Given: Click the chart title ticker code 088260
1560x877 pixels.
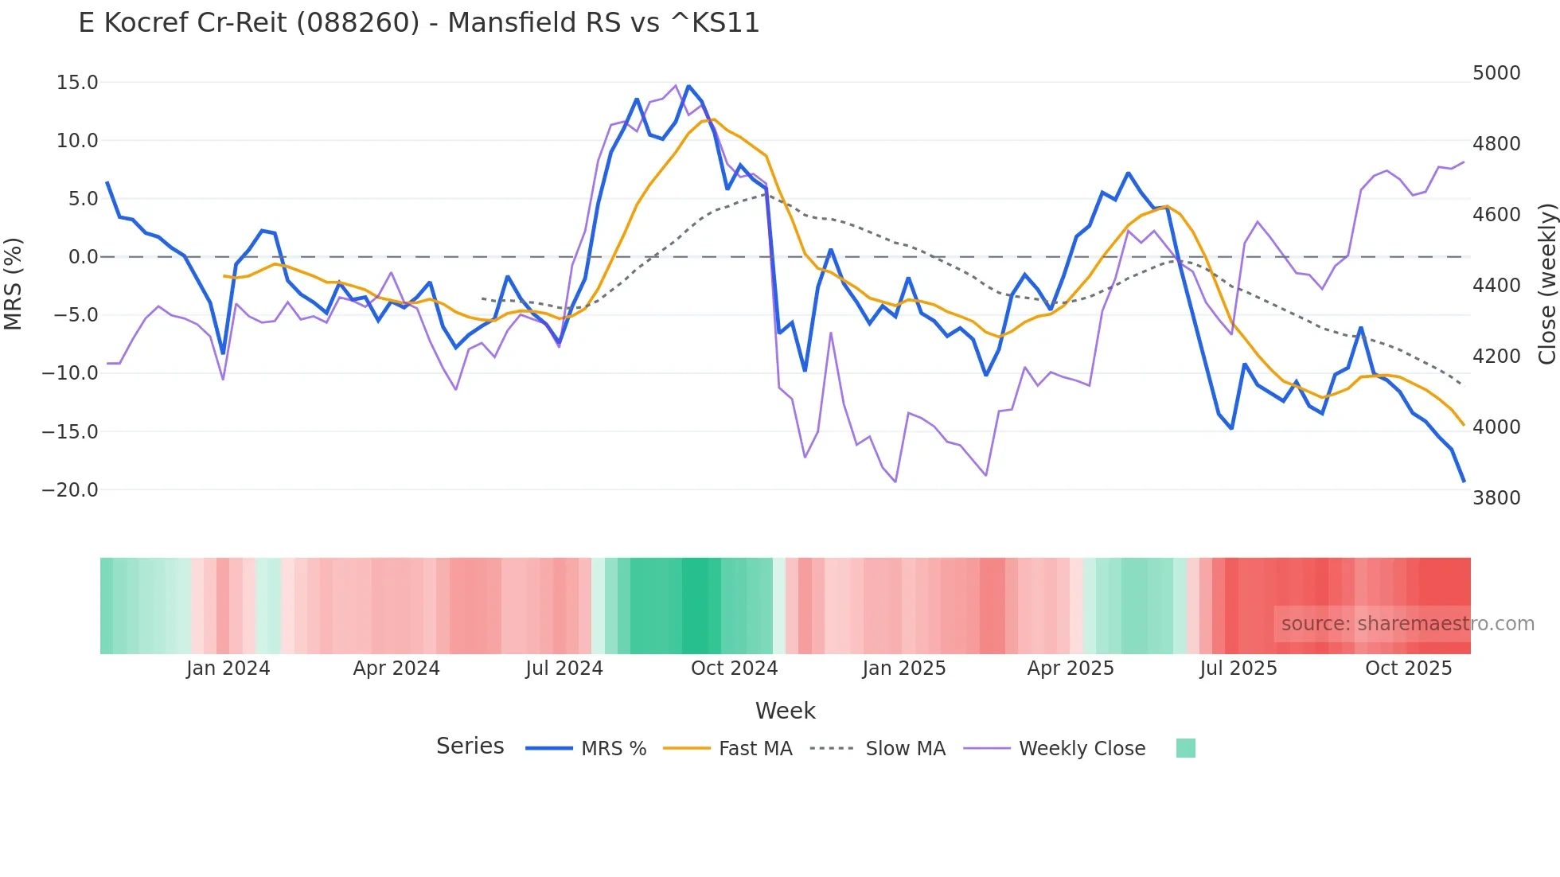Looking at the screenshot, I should [x=358, y=23].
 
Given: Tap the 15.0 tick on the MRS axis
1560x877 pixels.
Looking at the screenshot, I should [x=77, y=83].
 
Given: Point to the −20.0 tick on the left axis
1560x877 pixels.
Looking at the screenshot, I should [x=70, y=490].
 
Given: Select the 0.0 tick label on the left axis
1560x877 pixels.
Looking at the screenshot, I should [x=84, y=257].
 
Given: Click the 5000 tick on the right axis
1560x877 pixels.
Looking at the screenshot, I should [x=1496, y=73].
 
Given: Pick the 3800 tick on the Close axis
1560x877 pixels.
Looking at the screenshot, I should [x=1496, y=498].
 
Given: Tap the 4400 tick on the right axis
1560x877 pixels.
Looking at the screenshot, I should [x=1496, y=286].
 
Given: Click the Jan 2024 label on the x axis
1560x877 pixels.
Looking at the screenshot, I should [x=228, y=668].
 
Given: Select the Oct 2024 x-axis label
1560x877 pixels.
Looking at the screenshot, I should [x=734, y=668].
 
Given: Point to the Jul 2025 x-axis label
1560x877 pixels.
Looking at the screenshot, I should [x=1238, y=668].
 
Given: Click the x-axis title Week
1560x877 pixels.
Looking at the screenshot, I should [x=785, y=711].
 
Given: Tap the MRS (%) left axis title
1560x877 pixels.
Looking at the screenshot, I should [x=14, y=283].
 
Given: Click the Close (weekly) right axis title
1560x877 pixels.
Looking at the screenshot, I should [x=1546, y=284].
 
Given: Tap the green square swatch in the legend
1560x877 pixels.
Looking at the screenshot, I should [x=1185, y=748].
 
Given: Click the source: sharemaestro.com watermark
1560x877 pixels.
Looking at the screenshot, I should [x=1407, y=624].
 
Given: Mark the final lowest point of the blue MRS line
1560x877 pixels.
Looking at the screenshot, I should [x=1464, y=481].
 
